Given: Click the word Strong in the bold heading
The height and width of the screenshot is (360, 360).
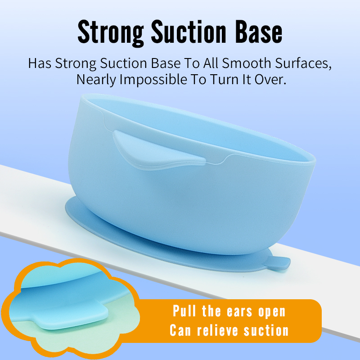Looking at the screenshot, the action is (111, 32).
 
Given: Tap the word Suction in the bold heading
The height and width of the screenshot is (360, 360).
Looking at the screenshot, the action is (189, 31).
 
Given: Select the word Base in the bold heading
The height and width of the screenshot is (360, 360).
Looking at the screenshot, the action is (259, 31).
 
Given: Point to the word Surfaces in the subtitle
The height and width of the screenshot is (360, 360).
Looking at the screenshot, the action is (303, 63).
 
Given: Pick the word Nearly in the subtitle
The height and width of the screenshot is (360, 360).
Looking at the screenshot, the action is (96, 80).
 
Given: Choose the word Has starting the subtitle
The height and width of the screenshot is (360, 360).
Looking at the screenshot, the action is (40, 63).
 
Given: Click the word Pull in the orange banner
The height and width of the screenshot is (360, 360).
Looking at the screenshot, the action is (184, 311).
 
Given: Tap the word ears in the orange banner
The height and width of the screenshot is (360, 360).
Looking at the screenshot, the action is (240, 312).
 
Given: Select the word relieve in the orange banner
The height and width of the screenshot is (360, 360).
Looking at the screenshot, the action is (217, 330).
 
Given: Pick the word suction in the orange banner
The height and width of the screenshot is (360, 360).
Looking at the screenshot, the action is (266, 330).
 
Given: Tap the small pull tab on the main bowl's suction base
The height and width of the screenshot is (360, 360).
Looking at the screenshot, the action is (278, 263).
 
